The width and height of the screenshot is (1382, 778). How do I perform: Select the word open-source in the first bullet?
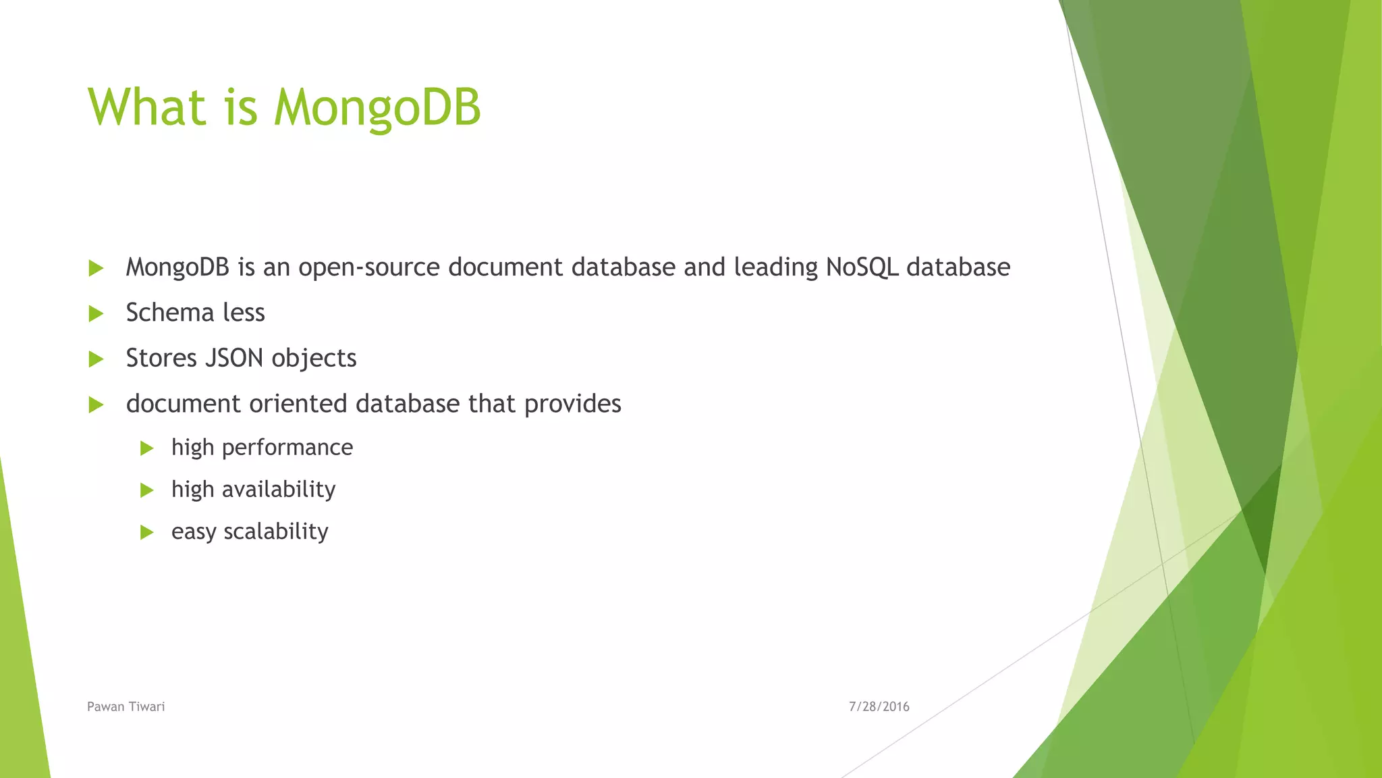click(x=369, y=268)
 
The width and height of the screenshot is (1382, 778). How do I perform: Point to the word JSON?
click(x=233, y=358)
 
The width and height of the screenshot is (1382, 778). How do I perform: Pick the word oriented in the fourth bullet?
click(x=298, y=404)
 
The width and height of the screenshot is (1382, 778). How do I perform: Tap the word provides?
click(x=572, y=404)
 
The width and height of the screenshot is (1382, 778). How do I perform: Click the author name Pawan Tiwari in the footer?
click(x=126, y=706)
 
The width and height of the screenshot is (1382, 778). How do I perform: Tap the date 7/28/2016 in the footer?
click(x=879, y=706)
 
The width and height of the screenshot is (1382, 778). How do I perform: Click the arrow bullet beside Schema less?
click(x=96, y=313)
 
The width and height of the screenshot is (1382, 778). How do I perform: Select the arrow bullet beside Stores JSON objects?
click(x=96, y=359)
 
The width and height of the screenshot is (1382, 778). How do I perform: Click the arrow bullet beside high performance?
click(x=146, y=448)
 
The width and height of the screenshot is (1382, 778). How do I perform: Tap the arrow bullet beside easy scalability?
click(x=146, y=532)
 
